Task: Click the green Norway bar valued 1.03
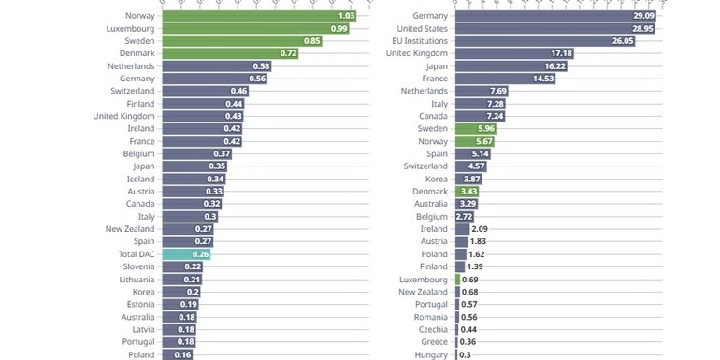[257, 16]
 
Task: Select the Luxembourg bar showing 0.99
[254, 29]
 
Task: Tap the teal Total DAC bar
[185, 253]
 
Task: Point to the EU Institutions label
[420, 41]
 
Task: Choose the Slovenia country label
[137, 266]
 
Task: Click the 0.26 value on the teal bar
[199, 253]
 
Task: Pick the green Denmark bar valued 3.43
[468, 192]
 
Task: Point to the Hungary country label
[430, 354]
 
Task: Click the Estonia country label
[139, 304]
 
